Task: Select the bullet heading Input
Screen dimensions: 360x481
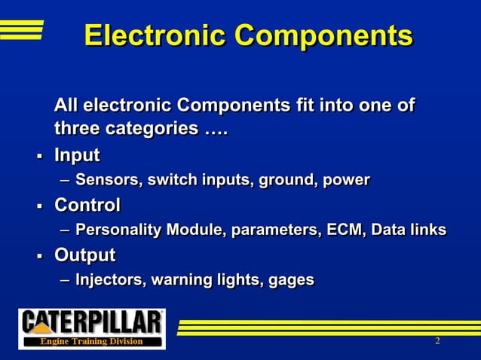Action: click(x=77, y=155)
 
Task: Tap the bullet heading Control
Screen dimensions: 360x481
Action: click(x=87, y=204)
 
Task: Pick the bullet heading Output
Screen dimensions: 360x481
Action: click(x=84, y=255)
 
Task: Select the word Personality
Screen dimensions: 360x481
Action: click(x=118, y=229)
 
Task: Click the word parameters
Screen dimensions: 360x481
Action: click(x=266, y=229)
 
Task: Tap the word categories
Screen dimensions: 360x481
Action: click(x=149, y=129)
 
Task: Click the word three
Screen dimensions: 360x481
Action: click(x=76, y=129)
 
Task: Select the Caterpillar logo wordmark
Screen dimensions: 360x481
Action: click(x=91, y=322)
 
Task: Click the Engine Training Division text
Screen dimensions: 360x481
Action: click(x=91, y=341)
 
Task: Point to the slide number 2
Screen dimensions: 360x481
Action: click(x=437, y=342)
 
